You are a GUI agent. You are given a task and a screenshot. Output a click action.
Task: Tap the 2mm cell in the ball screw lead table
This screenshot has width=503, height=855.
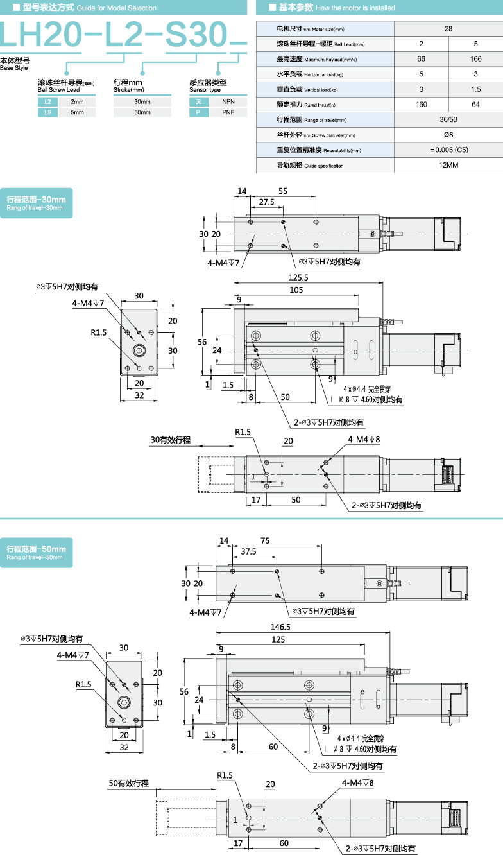(77, 102)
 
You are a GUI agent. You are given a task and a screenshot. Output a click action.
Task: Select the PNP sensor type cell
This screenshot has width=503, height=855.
(228, 112)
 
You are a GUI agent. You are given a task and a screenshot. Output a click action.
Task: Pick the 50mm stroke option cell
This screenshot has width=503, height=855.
(142, 112)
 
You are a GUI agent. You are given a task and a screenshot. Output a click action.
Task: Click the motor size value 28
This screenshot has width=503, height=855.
(448, 29)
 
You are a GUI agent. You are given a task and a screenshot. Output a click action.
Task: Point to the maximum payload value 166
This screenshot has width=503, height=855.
(475, 59)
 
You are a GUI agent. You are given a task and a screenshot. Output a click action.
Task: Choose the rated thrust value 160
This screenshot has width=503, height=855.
(421, 105)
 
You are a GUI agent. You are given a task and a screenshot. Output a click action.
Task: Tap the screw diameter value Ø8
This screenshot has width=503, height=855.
(448, 135)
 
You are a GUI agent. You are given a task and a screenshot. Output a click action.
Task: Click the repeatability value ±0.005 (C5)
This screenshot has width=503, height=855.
(448, 150)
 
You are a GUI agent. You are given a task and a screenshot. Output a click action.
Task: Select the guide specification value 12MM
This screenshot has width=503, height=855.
(448, 165)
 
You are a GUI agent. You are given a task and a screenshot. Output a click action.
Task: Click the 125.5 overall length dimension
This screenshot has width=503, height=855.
(298, 278)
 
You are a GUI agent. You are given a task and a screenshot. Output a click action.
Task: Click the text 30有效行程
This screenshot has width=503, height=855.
(171, 440)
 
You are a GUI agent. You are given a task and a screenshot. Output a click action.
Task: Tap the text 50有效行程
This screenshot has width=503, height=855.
(128, 784)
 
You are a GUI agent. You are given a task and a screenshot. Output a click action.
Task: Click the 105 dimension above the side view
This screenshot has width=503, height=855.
(296, 290)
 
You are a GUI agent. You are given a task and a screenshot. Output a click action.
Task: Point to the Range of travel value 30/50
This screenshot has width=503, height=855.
(448, 120)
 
